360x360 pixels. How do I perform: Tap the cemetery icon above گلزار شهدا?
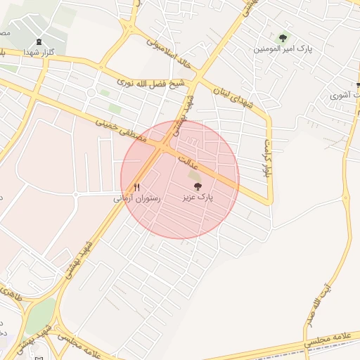coord(37,41)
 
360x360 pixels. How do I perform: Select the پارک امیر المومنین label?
coord(285,49)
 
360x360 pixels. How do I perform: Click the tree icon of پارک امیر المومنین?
coord(283,37)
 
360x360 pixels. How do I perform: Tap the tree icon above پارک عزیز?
coord(197,187)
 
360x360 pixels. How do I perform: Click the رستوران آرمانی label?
coord(137,199)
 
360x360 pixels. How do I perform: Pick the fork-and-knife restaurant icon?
coord(137,188)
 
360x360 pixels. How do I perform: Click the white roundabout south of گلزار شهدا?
coord(91,93)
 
